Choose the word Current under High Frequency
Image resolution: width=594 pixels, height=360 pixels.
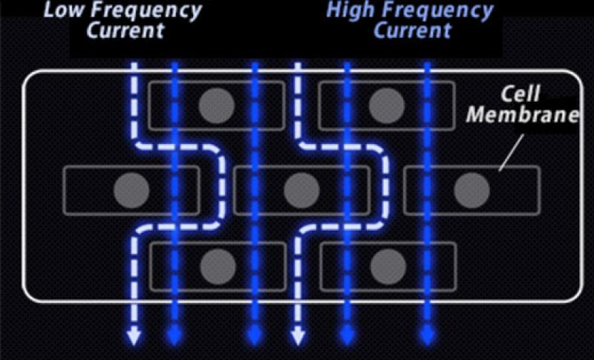[x=412, y=31]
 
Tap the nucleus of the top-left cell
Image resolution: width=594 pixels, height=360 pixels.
[x=216, y=105]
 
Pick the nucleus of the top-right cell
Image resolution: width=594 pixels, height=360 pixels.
[x=386, y=105]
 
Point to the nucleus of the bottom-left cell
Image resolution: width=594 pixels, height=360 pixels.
[x=217, y=266]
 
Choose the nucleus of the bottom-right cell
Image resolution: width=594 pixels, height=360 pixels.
[x=386, y=266]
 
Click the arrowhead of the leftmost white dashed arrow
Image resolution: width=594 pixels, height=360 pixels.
[x=134, y=338]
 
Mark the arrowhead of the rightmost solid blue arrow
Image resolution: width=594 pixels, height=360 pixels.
[x=427, y=338]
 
